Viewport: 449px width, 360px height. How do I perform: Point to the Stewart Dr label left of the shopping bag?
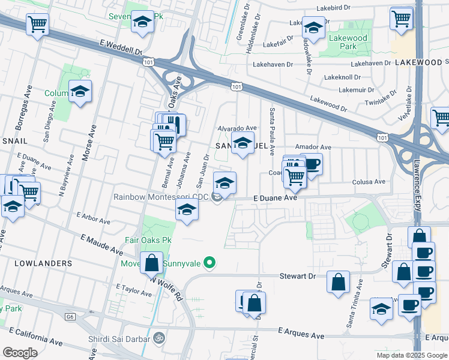tap(297, 277)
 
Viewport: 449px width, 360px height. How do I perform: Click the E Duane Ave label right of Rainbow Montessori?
tap(275, 197)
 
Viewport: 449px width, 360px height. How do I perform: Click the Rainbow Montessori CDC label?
tap(161, 197)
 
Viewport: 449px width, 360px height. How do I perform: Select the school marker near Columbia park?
tap(80, 92)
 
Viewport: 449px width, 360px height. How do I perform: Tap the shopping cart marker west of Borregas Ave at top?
tap(37, 25)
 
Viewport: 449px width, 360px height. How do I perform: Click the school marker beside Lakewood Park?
tap(313, 27)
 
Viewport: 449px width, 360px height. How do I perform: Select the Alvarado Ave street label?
tap(237, 128)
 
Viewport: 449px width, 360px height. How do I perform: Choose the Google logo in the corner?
tap(19, 352)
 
